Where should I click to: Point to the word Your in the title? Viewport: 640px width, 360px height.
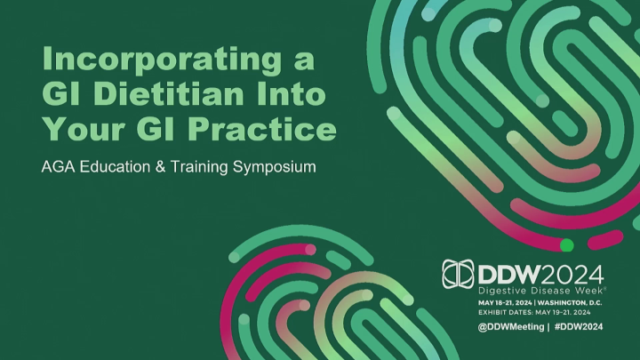coord(83,130)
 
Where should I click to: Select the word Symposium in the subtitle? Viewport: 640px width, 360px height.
coord(275,166)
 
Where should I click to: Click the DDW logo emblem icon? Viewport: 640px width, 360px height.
coord(460,273)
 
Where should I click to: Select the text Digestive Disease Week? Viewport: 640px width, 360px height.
coord(540,291)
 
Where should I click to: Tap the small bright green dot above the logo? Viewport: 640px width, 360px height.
coord(566,244)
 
